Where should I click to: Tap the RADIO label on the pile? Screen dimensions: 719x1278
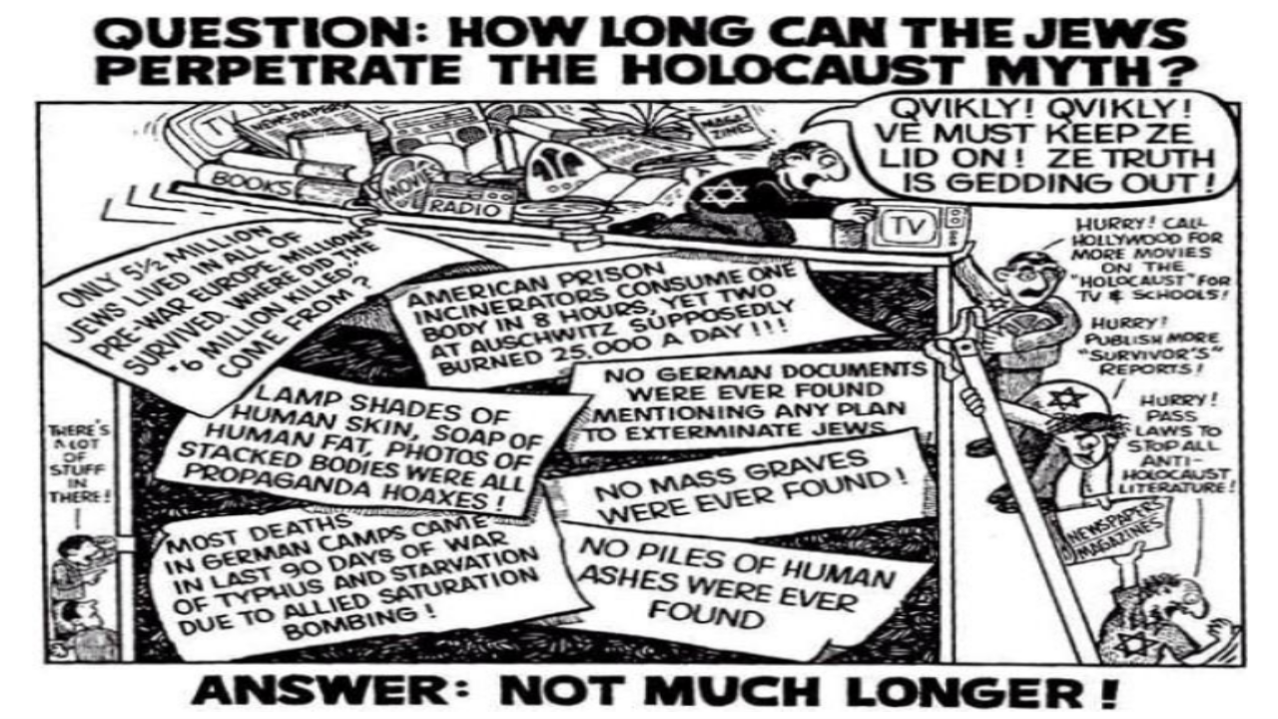coord(454,207)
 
